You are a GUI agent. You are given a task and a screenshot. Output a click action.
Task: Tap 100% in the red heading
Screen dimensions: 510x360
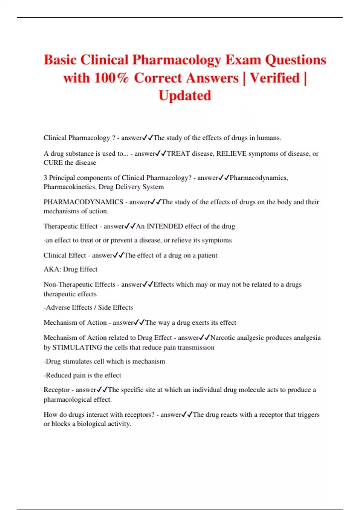[x=111, y=78]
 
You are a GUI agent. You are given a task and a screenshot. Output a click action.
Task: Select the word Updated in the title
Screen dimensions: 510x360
[x=185, y=96]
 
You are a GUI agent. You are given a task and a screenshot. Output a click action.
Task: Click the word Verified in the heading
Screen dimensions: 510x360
[x=275, y=78]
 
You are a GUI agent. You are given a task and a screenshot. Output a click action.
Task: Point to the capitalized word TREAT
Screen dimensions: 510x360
[x=178, y=154]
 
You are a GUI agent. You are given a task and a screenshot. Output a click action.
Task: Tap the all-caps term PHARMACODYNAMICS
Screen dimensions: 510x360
[x=83, y=202]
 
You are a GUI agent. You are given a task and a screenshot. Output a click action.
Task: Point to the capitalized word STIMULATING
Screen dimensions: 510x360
[x=77, y=347]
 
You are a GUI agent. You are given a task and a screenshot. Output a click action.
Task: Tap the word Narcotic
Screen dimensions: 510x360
[x=223, y=338]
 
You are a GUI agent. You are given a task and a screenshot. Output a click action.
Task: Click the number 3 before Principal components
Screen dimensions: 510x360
[x=45, y=178]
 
